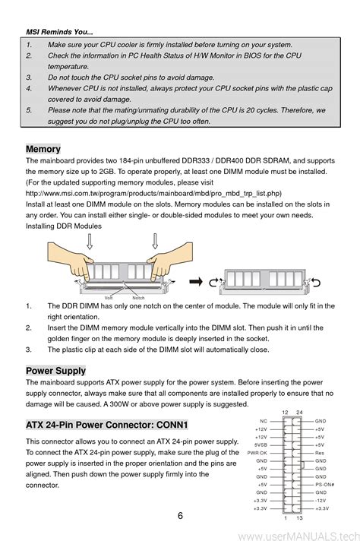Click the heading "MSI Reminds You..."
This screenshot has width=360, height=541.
pyautogui.click(x=59, y=32)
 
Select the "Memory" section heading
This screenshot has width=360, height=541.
pyautogui.click(x=43, y=149)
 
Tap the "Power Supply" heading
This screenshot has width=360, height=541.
pyautogui.click(x=56, y=371)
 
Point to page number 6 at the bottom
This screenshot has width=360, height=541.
pyautogui.click(x=180, y=515)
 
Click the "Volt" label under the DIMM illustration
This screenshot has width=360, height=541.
pyautogui.click(x=109, y=298)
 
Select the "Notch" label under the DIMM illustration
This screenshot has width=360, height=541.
pyautogui.click(x=138, y=298)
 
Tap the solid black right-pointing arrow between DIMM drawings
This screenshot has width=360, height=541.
pyautogui.click(x=196, y=282)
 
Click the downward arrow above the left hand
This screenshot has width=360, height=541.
pyautogui.click(x=90, y=241)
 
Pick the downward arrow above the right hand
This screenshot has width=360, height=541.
pyautogui.click(x=155, y=241)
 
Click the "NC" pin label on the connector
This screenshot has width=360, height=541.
pyautogui.click(x=264, y=421)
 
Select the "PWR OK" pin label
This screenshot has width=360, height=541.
pyautogui.click(x=257, y=453)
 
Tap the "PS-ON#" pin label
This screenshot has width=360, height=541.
pyautogui.click(x=324, y=485)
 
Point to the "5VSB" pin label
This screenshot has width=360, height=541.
pyautogui.click(x=261, y=445)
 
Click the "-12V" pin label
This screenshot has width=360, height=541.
pyautogui.click(x=321, y=500)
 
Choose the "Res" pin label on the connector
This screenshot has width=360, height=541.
pyautogui.click(x=319, y=453)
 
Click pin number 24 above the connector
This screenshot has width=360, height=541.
pyautogui.click(x=299, y=413)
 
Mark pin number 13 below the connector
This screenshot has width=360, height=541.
pyautogui.click(x=299, y=518)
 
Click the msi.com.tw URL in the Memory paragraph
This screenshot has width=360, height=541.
pyautogui.click(x=153, y=193)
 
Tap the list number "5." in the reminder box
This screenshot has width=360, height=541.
pyautogui.click(x=29, y=110)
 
